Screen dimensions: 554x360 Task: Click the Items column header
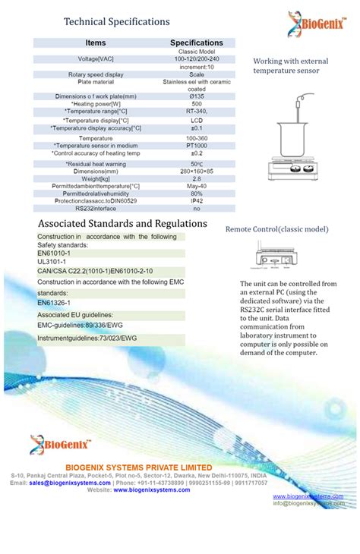click(x=96, y=43)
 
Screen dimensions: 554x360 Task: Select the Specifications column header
click(x=196, y=43)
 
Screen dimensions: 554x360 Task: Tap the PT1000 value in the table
click(x=196, y=145)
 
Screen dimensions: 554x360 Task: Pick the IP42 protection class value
click(x=196, y=200)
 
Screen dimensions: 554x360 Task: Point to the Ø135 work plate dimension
click(x=196, y=96)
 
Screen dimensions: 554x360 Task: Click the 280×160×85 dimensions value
click(x=196, y=171)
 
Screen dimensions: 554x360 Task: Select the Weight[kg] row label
click(x=96, y=178)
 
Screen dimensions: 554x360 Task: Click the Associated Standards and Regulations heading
click(x=122, y=224)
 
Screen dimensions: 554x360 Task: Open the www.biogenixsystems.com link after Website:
click(x=152, y=490)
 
